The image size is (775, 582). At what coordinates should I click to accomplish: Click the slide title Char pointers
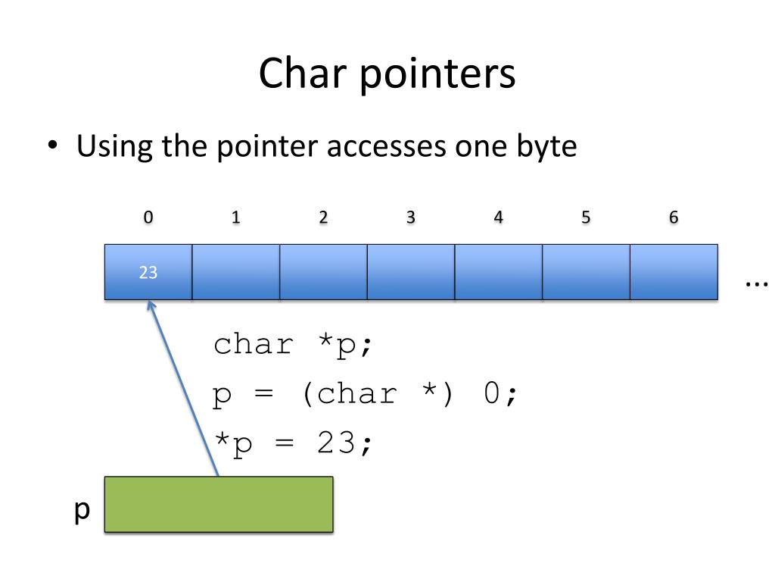coord(387,74)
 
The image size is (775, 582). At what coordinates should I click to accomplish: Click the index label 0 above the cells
coord(148,217)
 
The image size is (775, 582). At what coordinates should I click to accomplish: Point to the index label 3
coord(410,217)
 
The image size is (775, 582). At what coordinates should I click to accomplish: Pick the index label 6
coord(674,217)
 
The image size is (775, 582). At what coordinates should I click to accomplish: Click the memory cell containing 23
coord(148,272)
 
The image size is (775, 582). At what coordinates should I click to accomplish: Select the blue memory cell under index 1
coord(235,272)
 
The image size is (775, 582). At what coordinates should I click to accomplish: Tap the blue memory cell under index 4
coord(498,272)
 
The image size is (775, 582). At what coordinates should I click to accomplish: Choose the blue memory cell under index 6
coord(674,272)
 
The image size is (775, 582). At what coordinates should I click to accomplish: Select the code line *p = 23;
coord(293,443)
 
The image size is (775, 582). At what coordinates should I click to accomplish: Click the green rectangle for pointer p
coord(218,504)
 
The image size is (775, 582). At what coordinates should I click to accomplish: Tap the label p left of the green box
coord(82,510)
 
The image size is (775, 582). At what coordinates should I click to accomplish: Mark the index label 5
coord(586,217)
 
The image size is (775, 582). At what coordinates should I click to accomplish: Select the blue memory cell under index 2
coord(323,272)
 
